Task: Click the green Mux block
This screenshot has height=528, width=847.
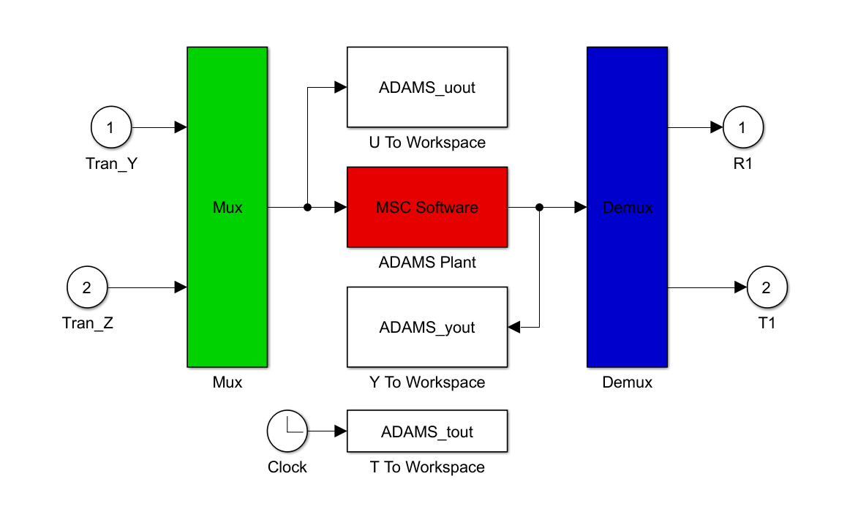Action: pyautogui.click(x=227, y=207)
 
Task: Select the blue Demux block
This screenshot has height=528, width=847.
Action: pyautogui.click(x=627, y=207)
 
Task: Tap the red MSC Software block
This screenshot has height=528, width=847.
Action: pyautogui.click(x=427, y=207)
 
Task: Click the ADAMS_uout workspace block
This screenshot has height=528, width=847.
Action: pyautogui.click(x=427, y=88)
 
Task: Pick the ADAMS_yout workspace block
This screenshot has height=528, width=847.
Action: pyautogui.click(x=427, y=327)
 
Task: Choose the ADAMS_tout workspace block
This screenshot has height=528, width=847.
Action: pyautogui.click(x=427, y=431)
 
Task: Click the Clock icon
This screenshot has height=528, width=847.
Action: pyautogui.click(x=287, y=431)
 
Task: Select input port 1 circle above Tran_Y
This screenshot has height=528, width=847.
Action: pyautogui.click(x=111, y=127)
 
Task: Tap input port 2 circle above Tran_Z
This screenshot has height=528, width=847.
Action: pyautogui.click(x=87, y=287)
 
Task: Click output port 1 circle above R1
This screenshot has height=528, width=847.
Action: pyautogui.click(x=743, y=127)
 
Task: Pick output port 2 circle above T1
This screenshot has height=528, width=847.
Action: pyautogui.click(x=767, y=287)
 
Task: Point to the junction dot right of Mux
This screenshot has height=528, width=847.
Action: pyautogui.click(x=307, y=207)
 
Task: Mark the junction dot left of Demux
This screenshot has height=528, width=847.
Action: pyautogui.click(x=539, y=207)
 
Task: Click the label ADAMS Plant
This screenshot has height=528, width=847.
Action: pyautogui.click(x=427, y=263)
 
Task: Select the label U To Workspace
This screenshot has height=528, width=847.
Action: pyautogui.click(x=427, y=143)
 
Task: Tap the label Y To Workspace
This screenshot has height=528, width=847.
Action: pyautogui.click(x=427, y=382)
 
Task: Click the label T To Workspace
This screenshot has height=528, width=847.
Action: pyautogui.click(x=427, y=467)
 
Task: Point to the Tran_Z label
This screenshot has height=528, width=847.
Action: pyautogui.click(x=88, y=323)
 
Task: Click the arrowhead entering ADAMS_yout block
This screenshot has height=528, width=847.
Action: pyautogui.click(x=514, y=327)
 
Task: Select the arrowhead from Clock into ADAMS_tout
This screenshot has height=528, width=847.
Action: pyautogui.click(x=340, y=431)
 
